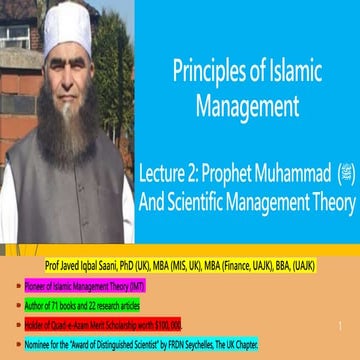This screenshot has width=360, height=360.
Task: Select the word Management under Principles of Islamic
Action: [x=250, y=102]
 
